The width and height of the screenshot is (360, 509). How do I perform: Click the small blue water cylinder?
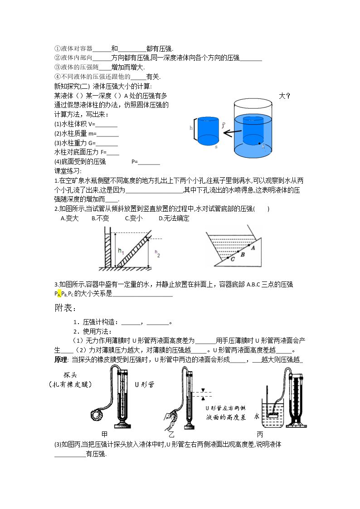(208, 131)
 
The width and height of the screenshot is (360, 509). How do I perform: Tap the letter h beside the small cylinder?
(191, 128)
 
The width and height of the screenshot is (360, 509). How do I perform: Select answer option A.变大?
(69, 218)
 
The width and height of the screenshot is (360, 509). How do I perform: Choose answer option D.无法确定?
(174, 218)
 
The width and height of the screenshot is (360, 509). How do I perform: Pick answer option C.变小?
(134, 218)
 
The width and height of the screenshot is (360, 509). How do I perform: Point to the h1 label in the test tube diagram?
(121, 251)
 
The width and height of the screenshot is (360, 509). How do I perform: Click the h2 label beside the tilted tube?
(157, 253)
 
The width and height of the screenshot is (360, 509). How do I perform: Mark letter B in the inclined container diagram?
(243, 255)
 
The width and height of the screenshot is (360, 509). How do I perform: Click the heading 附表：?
(66, 307)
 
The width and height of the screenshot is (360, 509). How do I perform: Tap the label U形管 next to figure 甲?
(145, 385)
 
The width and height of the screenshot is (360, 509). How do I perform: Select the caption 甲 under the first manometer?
(105, 434)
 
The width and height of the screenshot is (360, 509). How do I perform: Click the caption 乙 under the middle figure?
(171, 434)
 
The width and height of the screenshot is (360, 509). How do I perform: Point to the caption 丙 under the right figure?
(260, 434)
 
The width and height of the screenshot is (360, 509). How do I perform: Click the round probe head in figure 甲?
(97, 415)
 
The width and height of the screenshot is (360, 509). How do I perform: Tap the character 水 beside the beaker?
(257, 416)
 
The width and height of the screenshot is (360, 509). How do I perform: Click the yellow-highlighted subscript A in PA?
(59, 294)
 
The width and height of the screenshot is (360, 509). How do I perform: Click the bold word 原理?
(61, 360)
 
